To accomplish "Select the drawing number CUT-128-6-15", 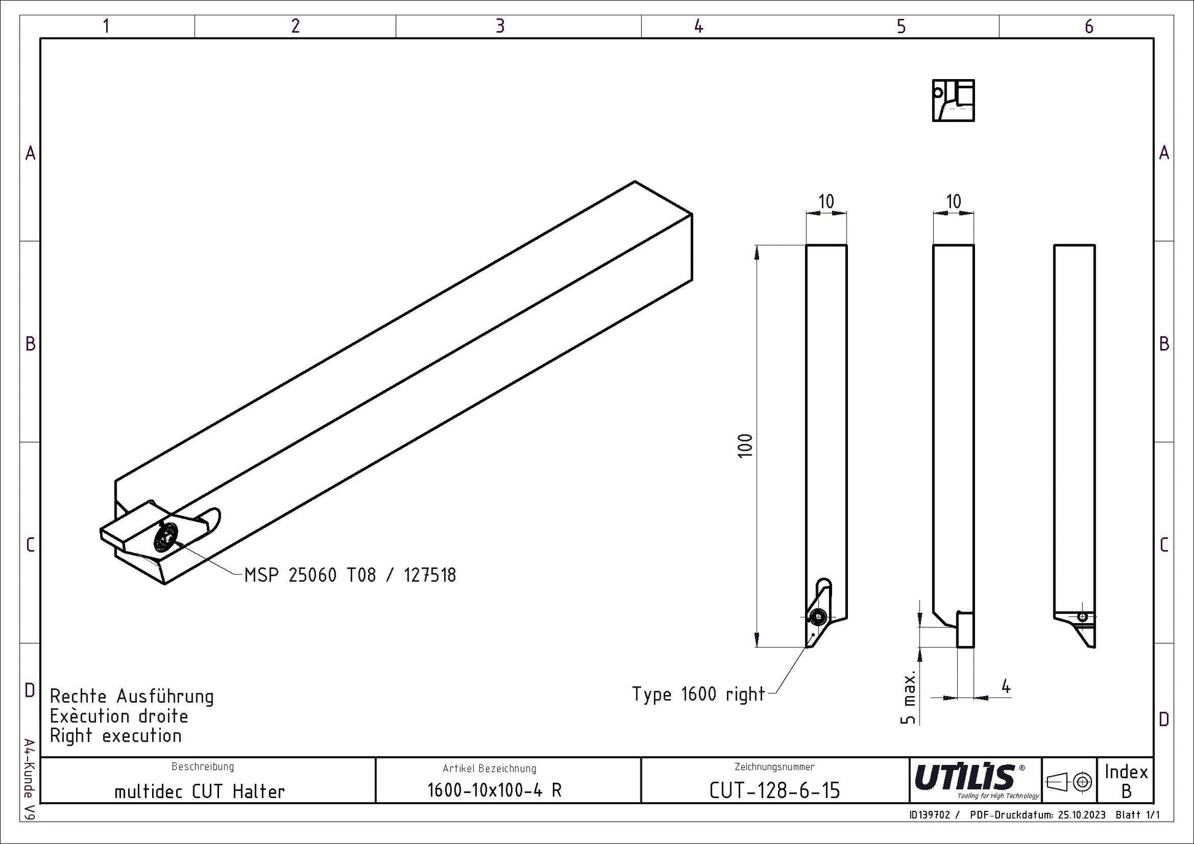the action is pos(774,791).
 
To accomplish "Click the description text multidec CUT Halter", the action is pos(199,791).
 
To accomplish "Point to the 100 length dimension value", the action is pos(745,445).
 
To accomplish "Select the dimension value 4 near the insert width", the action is pos(1006,687).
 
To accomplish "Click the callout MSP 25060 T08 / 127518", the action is pos(350,575).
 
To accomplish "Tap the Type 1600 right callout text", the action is pos(698,694).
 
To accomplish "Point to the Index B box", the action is pos(1126,780).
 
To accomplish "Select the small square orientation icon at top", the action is pos(953,100).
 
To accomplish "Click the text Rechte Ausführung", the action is pos(132,697).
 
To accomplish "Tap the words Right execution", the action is pos(116,735).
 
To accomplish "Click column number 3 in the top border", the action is pos(500,26).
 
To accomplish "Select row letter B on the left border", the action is pos(30,343).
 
